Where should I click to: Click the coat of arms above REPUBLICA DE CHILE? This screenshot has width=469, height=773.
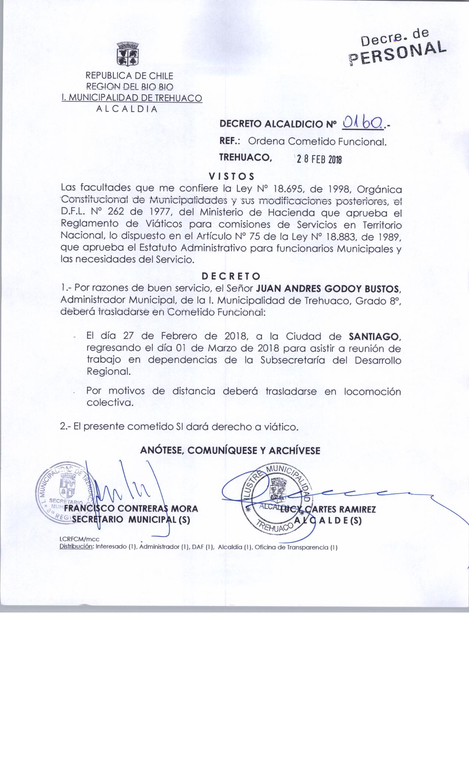pyautogui.click(x=127, y=54)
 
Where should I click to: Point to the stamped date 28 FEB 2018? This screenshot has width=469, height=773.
pyautogui.click(x=319, y=160)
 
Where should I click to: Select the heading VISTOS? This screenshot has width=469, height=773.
pyautogui.click(x=231, y=176)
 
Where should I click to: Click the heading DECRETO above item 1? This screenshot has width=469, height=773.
pyautogui.click(x=231, y=276)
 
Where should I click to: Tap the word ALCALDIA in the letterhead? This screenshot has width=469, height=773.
pyautogui.click(x=127, y=109)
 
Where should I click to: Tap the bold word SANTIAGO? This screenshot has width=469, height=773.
pyautogui.click(x=374, y=336)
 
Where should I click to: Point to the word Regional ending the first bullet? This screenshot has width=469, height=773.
pyautogui.click(x=109, y=372)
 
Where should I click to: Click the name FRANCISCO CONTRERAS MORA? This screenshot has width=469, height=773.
pyautogui.click(x=131, y=509)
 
